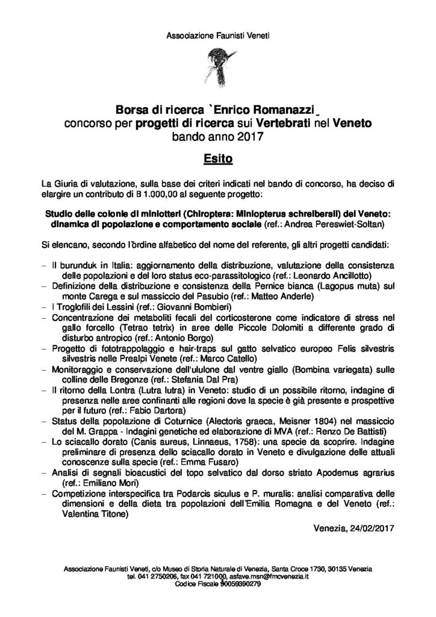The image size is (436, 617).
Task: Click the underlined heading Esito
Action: coord(218,160)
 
